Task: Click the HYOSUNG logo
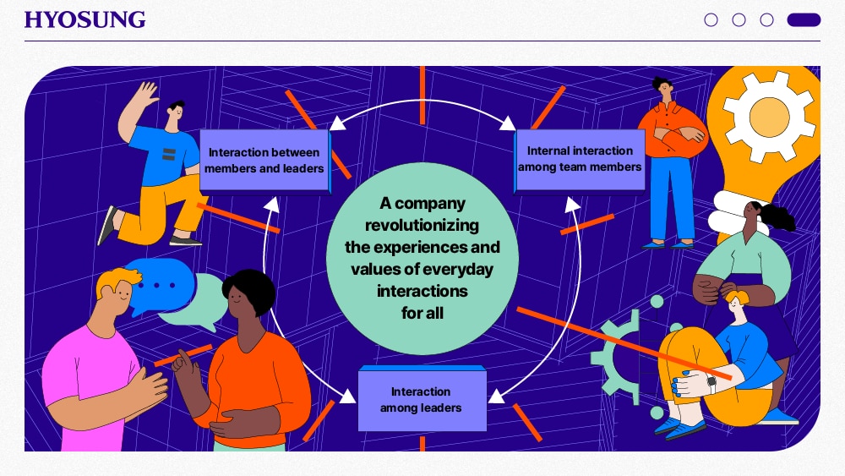click(84, 19)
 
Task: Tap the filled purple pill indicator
click(804, 20)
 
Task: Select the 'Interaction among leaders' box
click(422, 398)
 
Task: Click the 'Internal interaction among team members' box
click(580, 160)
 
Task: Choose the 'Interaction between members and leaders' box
click(265, 161)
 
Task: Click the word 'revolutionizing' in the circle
click(422, 225)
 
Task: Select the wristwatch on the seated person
click(711, 383)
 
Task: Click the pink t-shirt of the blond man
click(89, 384)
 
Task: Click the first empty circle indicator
click(711, 20)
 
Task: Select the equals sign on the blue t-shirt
click(169, 154)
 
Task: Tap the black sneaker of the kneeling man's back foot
click(106, 225)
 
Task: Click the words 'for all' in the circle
click(422, 313)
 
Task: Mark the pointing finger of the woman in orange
click(183, 356)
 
